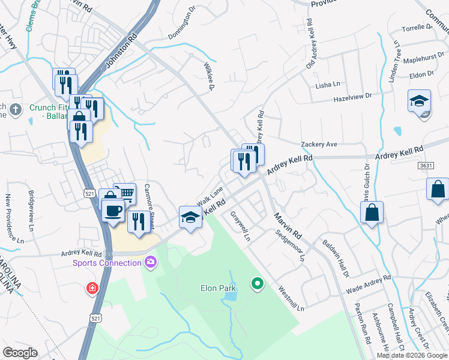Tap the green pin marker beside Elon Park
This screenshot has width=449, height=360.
(258, 283)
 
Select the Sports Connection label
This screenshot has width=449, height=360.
(106, 263)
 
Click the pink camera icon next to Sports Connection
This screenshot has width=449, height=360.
(150, 262)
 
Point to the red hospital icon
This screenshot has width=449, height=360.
(92, 288)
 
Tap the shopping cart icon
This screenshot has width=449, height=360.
(125, 194)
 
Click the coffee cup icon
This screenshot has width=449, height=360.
(113, 211)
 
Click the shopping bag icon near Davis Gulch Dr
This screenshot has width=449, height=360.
(372, 212)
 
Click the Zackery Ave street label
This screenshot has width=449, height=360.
(319, 145)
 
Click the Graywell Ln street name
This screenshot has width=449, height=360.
(239, 229)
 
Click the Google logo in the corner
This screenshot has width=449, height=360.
(20, 353)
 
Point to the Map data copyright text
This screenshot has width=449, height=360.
(412, 355)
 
